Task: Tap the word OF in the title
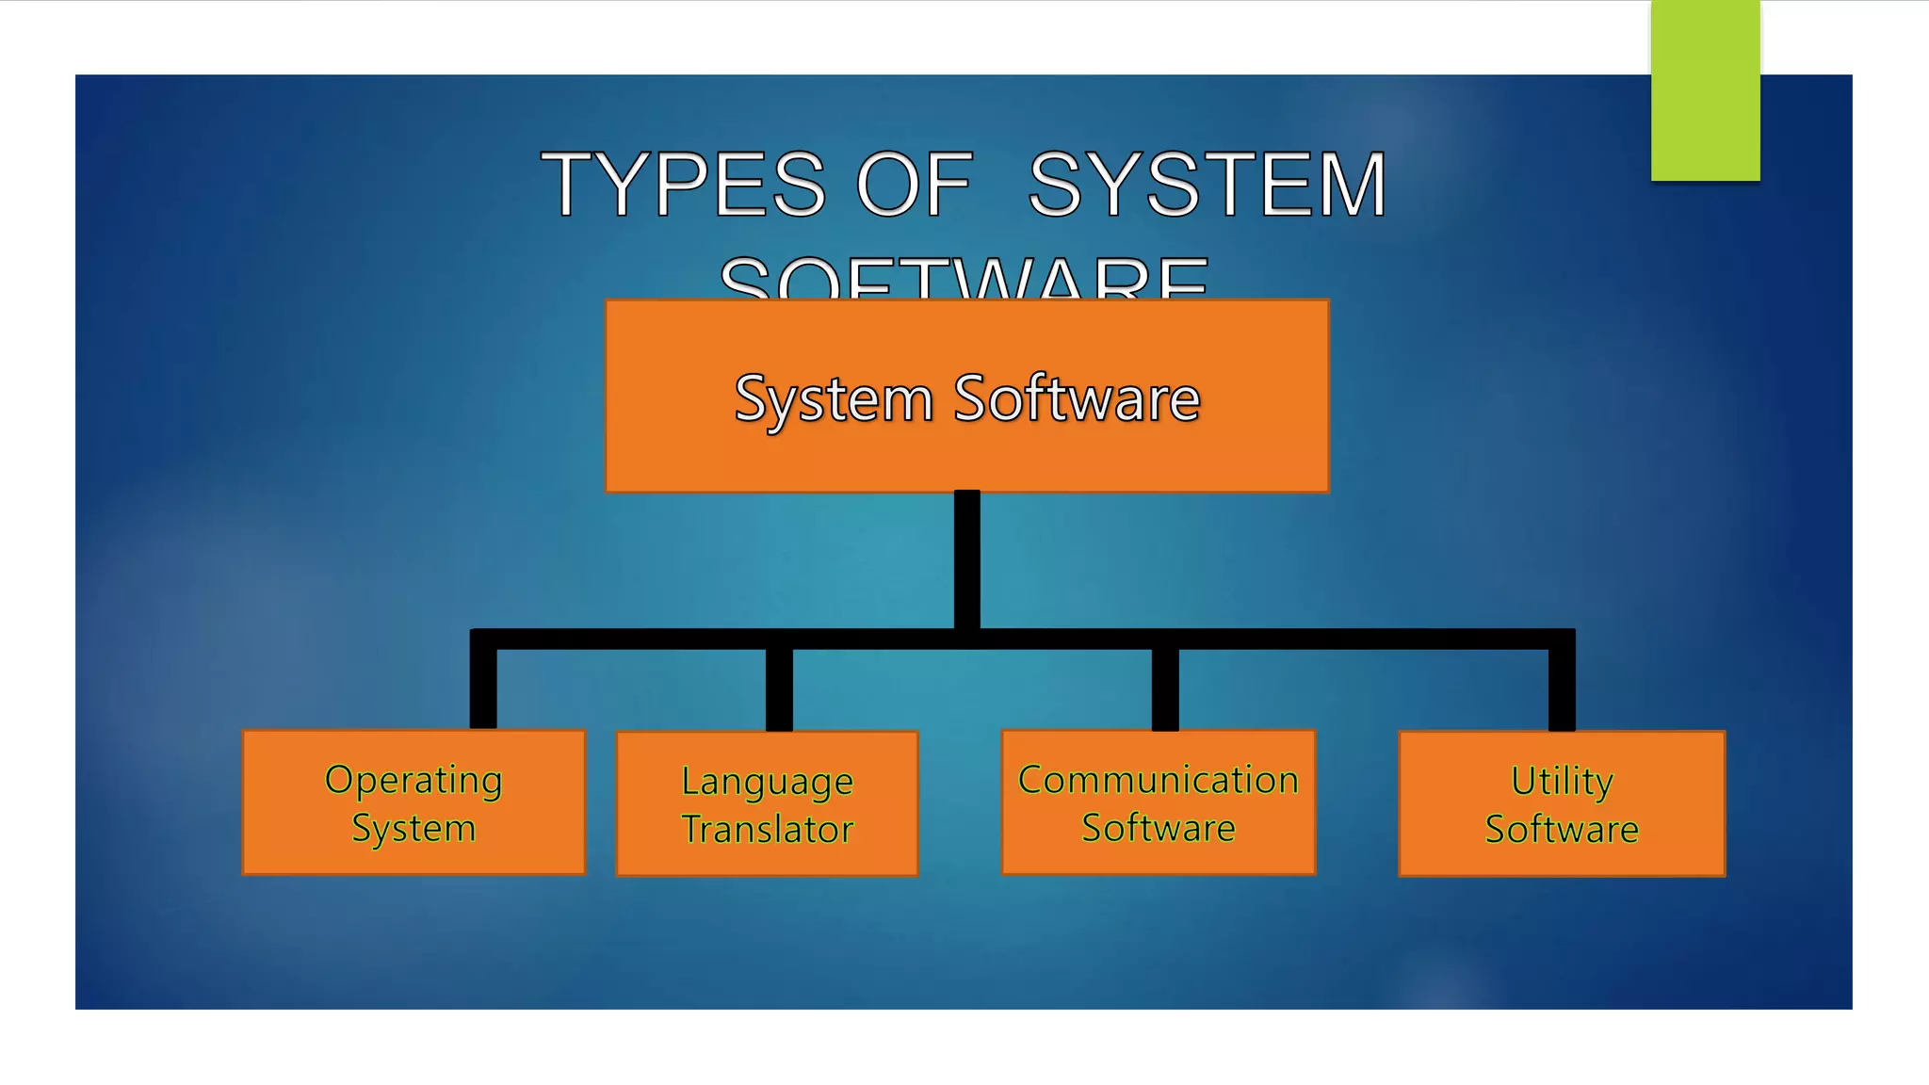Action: (x=914, y=185)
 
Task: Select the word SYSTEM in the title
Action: (x=1208, y=185)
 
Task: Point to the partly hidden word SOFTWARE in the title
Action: (x=964, y=280)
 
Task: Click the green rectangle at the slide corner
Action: (x=1705, y=90)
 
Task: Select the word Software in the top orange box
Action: (x=1077, y=399)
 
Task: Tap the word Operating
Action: (x=413, y=781)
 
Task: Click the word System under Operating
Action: (x=413, y=829)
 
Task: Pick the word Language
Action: (x=767, y=782)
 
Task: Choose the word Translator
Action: (x=767, y=830)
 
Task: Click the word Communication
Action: (x=1159, y=780)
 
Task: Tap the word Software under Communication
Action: (x=1159, y=828)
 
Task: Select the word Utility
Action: (x=1562, y=781)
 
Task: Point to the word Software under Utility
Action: (x=1562, y=829)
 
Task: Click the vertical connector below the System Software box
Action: (x=966, y=559)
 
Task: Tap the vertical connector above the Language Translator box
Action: (x=779, y=689)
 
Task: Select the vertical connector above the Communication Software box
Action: (x=1165, y=689)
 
